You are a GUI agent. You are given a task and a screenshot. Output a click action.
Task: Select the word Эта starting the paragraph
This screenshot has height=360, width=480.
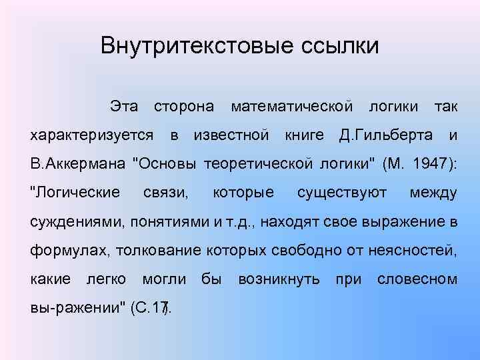pos(125,107)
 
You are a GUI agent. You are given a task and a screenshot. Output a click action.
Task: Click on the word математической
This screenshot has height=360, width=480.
pos(291,107)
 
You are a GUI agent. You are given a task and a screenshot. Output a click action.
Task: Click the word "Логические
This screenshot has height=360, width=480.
pos(76,193)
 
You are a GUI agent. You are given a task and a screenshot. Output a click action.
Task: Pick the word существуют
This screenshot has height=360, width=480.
pos(342,193)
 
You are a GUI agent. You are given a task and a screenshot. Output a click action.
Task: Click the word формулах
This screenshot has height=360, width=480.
pos(71,251)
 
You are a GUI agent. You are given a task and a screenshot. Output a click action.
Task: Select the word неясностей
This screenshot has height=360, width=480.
pos(414,251)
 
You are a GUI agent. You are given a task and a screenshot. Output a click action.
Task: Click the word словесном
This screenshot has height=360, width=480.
pos(417,279)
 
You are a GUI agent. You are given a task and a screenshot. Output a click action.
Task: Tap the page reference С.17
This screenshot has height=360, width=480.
pos(151,308)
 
